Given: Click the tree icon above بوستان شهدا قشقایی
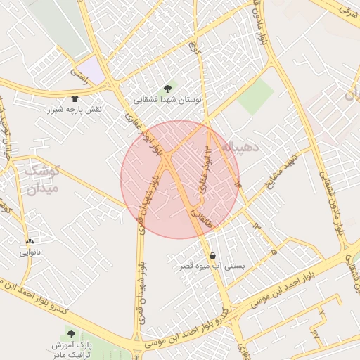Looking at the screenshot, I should [167, 89].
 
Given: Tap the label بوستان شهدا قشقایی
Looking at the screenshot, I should [168, 101].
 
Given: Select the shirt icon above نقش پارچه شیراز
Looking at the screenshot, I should [75, 98].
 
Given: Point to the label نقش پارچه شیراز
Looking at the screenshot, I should [74, 110].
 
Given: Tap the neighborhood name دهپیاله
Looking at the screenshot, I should [242, 146].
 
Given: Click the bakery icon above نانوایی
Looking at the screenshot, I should [30, 241].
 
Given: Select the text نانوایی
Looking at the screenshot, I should [30, 252].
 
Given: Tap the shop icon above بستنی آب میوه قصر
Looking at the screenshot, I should [212, 255].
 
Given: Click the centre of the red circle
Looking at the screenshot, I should [180, 179].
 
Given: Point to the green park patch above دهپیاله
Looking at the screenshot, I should [255, 96].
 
